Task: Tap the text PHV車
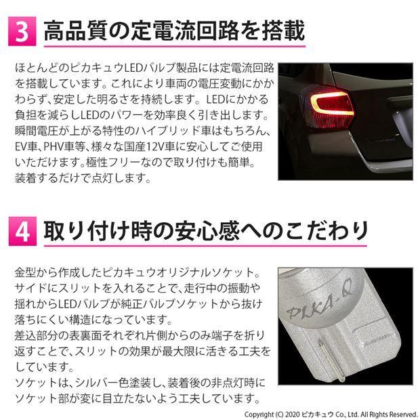[x=62, y=147]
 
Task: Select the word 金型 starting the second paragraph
[x=24, y=272]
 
